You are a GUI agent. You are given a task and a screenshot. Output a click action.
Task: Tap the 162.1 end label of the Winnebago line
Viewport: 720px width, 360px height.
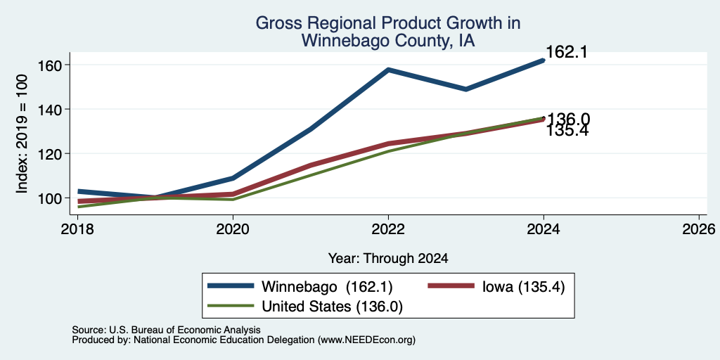click(x=567, y=52)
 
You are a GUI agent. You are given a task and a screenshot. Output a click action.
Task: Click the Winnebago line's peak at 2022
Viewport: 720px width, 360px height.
click(x=388, y=70)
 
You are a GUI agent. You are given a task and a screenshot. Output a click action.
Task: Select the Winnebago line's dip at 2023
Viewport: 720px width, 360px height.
click(x=466, y=89)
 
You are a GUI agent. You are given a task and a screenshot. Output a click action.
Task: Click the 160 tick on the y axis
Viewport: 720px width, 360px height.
click(x=49, y=65)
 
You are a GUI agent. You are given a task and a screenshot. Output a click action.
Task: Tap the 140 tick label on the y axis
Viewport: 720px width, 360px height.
click(x=49, y=109)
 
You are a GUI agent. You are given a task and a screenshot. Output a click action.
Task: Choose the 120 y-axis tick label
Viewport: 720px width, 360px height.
click(x=49, y=154)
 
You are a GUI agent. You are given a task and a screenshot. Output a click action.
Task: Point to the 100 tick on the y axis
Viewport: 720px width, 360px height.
click(x=49, y=198)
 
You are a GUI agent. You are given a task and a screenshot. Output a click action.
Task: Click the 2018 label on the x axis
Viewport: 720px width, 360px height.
click(x=77, y=229)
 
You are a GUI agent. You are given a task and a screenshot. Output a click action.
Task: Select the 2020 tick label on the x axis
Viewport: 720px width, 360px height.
click(x=233, y=229)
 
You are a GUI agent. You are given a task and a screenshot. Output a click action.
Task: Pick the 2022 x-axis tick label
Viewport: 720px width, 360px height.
click(x=388, y=229)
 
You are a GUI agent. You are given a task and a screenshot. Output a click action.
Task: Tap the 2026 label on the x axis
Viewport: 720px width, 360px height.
click(x=698, y=229)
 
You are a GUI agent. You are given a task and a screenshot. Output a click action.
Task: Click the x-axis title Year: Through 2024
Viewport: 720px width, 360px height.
click(x=388, y=259)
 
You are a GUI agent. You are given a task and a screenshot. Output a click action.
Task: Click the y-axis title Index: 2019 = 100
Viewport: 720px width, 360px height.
click(x=22, y=134)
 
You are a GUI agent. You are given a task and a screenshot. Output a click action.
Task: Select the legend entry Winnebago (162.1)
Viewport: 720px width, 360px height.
click(x=327, y=287)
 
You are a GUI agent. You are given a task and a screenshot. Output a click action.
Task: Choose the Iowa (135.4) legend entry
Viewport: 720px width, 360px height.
click(x=523, y=287)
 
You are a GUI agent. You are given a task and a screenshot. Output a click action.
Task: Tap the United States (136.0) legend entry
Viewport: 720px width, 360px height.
click(x=332, y=307)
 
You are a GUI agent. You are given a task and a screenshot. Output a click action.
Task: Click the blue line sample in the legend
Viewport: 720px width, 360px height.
click(x=231, y=286)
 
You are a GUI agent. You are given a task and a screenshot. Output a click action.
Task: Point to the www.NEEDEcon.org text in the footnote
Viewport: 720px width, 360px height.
click(x=365, y=340)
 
